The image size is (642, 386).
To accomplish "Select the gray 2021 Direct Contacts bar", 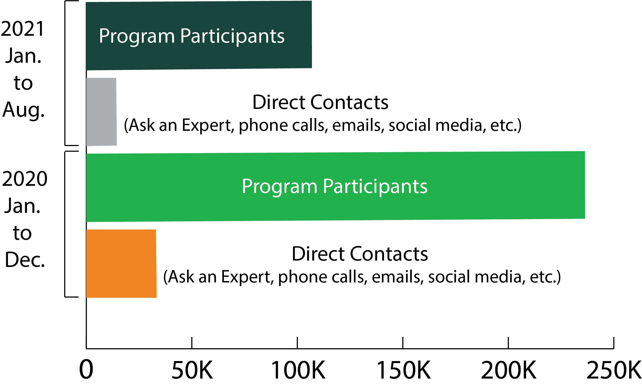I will click(101, 112).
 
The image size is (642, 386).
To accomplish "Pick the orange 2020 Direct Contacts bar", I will click(121, 263).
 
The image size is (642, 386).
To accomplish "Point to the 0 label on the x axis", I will click(86, 370).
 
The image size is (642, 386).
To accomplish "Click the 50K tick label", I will click(192, 370).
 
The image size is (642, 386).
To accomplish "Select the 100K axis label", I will click(298, 370).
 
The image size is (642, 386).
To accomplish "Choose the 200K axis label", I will click(509, 370).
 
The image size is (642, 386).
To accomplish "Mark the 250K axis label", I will click(614, 370).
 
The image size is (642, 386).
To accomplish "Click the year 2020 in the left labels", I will click(24, 179).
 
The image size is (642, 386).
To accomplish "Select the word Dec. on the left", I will click(25, 260).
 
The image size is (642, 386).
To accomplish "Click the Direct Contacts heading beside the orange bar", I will click(360, 254).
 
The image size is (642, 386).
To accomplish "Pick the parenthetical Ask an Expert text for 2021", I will click(323, 125).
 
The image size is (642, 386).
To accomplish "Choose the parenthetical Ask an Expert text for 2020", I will click(362, 277).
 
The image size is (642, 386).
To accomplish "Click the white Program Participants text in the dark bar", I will click(191, 36).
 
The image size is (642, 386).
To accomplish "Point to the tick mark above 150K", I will click(403, 343).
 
